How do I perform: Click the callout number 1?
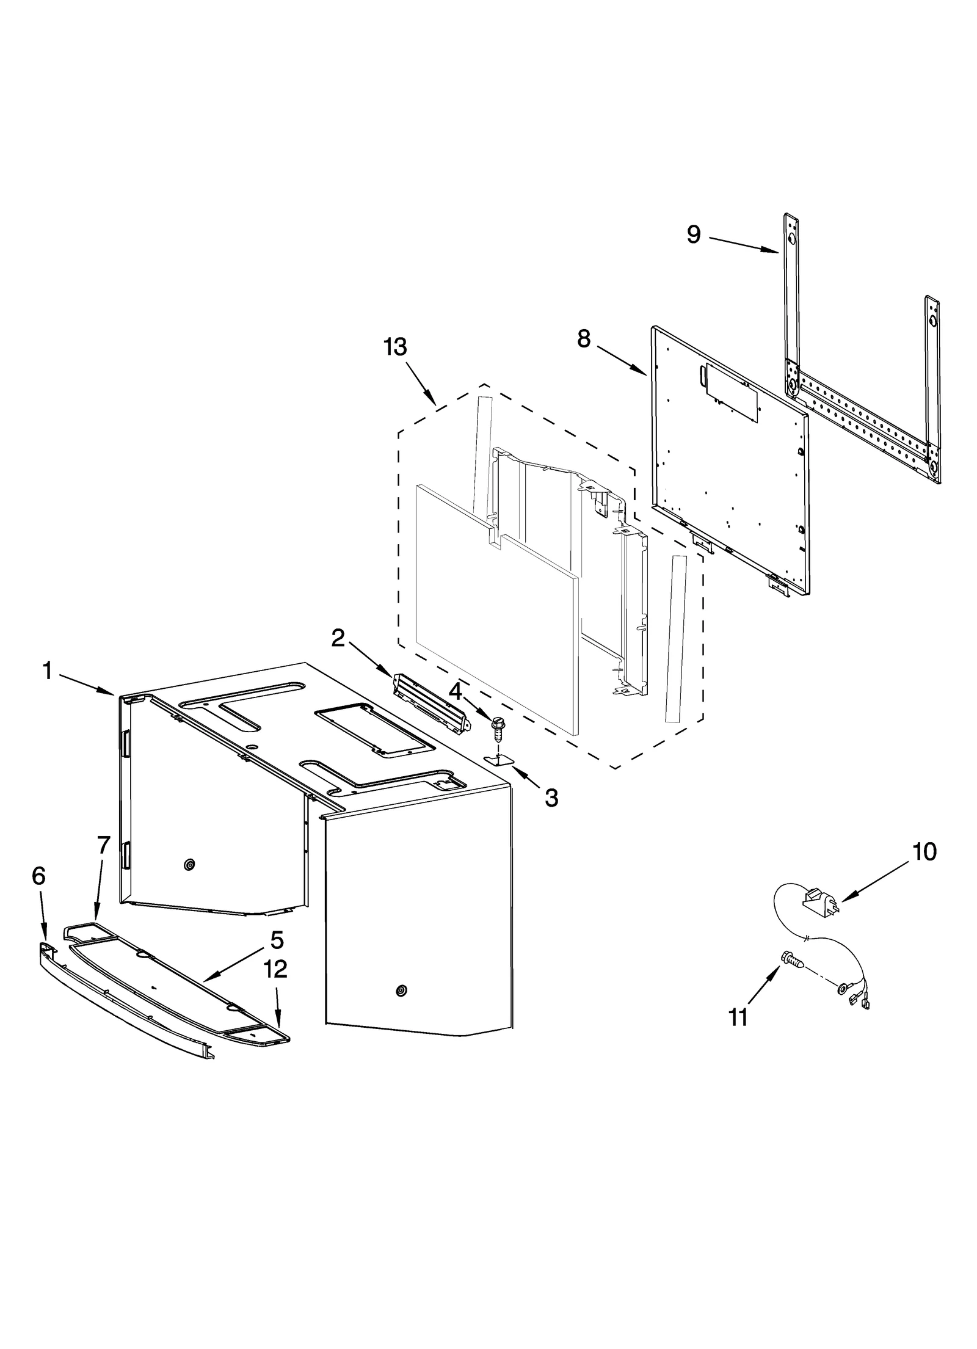(x=47, y=672)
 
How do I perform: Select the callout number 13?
(x=395, y=347)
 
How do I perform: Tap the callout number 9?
(x=693, y=235)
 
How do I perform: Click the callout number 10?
(x=924, y=851)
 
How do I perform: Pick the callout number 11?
(x=738, y=1017)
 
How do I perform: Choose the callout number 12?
(x=275, y=969)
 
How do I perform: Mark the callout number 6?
(x=38, y=876)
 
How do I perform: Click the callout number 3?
(x=551, y=797)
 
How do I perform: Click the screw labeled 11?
(x=791, y=959)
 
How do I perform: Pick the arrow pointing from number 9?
(x=744, y=245)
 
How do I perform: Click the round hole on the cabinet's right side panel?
(x=401, y=990)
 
